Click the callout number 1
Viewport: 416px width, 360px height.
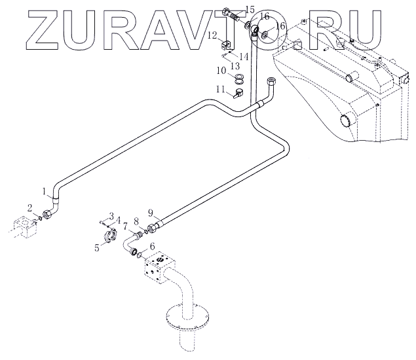[45, 192]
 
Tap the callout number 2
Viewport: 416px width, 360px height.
[30, 207]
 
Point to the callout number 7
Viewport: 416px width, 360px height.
[126, 226]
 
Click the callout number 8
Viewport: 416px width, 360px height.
[136, 221]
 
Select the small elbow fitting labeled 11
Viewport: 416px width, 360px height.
[236, 94]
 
